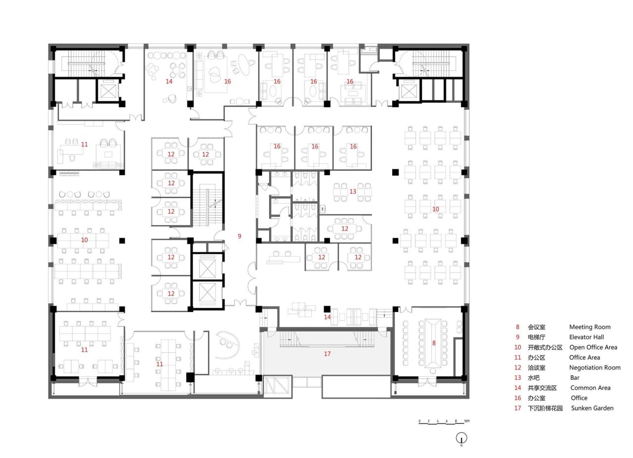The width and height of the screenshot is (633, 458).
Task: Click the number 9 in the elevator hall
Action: point(239,236)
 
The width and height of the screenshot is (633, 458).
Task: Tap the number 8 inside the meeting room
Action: point(434,343)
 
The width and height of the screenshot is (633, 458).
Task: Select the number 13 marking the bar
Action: point(353,191)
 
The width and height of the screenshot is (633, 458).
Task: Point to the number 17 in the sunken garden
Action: point(327,354)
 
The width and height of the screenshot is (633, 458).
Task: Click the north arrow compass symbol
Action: point(461,438)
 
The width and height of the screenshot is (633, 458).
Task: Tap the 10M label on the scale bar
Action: point(466,421)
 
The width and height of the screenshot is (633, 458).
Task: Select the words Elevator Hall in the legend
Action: point(586,337)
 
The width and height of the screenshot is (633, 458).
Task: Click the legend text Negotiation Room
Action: point(594,367)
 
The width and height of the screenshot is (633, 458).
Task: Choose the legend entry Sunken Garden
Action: point(592,408)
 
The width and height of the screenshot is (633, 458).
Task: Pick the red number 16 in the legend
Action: point(518,398)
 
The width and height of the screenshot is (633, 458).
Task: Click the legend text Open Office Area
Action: point(593,347)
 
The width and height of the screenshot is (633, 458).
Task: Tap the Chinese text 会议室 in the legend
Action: point(538,327)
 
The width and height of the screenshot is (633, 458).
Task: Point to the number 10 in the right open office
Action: point(435,209)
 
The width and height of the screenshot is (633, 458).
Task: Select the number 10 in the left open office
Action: point(85,240)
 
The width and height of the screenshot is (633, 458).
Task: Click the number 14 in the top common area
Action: point(169,82)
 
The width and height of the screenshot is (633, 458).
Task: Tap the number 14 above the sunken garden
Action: point(327,317)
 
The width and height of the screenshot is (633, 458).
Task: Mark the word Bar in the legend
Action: point(574,377)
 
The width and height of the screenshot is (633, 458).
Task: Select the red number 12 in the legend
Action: point(518,367)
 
